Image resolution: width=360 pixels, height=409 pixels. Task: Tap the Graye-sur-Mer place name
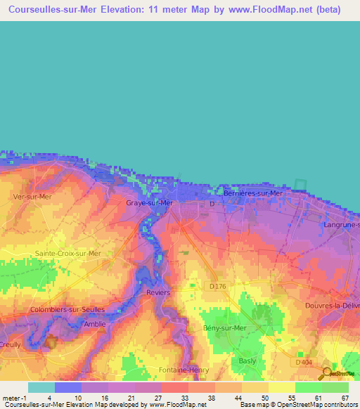click(x=149, y=203)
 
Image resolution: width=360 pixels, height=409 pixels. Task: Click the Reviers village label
click(x=158, y=292)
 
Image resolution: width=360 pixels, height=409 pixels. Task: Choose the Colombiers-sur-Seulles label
click(x=67, y=309)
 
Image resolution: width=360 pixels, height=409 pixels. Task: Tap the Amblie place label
click(x=95, y=324)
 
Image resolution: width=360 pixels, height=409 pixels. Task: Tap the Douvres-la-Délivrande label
click(x=332, y=306)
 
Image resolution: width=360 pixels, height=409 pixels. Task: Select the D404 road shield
click(x=304, y=362)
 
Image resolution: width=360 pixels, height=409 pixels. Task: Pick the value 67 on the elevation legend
click(x=344, y=398)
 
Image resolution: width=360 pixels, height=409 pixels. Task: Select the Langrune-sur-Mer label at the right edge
click(x=341, y=225)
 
